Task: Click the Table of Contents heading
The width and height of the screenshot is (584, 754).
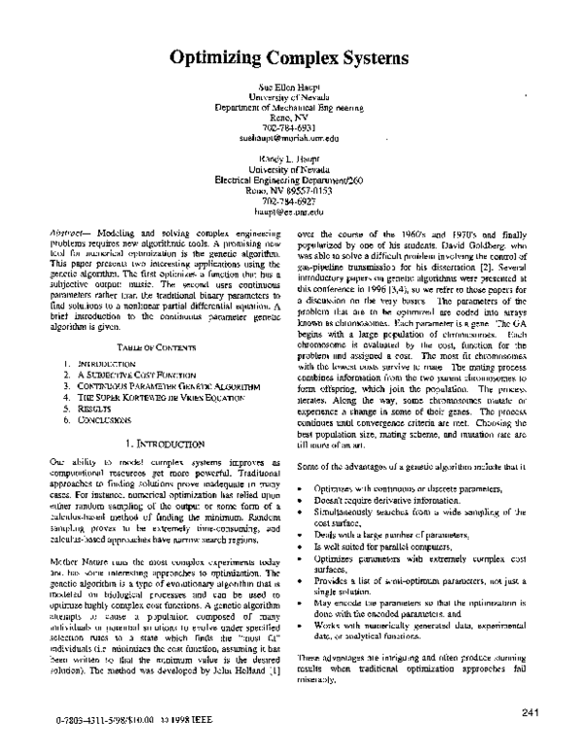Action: [149, 347]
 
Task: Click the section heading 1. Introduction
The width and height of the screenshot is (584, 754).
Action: [151, 443]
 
